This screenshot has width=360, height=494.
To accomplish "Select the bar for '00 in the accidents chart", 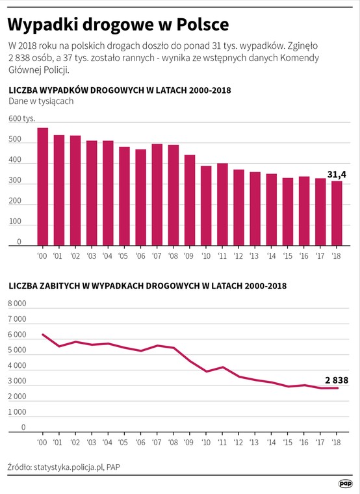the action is click(x=42, y=187).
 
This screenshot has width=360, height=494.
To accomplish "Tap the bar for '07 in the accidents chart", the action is click(x=157, y=195).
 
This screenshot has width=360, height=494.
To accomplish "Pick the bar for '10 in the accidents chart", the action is click(x=206, y=206).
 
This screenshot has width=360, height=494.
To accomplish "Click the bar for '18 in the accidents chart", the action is click(x=337, y=213).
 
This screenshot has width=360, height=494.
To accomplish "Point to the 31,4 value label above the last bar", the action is click(x=337, y=174).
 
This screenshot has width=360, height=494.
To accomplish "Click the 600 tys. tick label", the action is click(x=21, y=119).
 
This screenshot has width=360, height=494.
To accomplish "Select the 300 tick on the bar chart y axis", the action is click(x=15, y=181).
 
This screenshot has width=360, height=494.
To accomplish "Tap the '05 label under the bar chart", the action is click(x=123, y=255).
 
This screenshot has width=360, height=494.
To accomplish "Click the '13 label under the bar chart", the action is click(x=254, y=255).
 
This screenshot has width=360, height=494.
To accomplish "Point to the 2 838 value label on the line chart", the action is click(x=337, y=380).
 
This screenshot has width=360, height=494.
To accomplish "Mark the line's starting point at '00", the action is click(x=42, y=334).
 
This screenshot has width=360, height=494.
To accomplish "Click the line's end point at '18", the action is click(x=337, y=388).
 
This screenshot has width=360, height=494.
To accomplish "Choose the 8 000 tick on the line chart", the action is click(x=17, y=304).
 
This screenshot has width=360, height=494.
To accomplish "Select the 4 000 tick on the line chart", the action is click(x=17, y=366).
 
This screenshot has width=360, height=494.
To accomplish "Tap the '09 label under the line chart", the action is click(x=188, y=443).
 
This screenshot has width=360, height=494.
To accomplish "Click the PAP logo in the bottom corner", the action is click(x=345, y=484).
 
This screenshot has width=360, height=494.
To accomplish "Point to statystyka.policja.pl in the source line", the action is click(x=69, y=467).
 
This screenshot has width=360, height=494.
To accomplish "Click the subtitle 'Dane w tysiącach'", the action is click(x=41, y=101).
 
